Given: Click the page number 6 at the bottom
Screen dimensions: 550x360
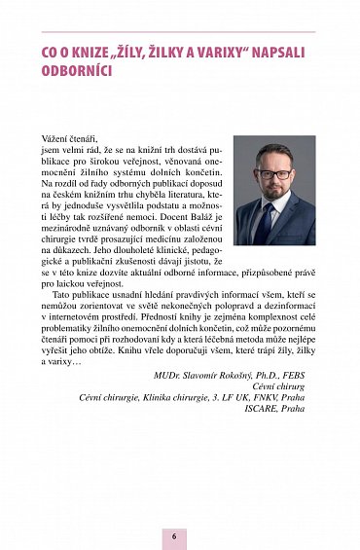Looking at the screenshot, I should pyautogui.click(x=175, y=535).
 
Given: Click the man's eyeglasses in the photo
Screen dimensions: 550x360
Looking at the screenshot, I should pyautogui.click(x=273, y=175).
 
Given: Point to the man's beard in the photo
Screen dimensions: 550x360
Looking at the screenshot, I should pyautogui.click(x=273, y=192).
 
